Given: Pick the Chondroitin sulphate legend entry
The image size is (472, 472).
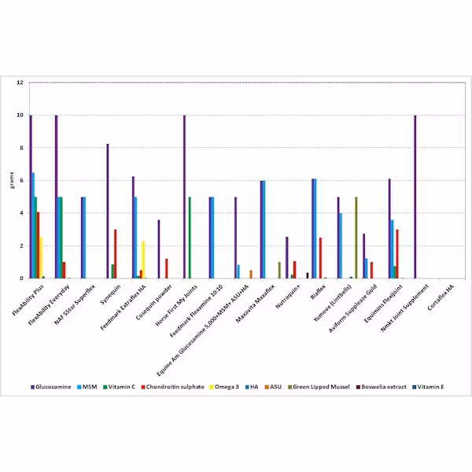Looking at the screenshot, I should tap(178, 387).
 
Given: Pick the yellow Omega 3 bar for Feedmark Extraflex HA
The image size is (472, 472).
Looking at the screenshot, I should tap(143, 260).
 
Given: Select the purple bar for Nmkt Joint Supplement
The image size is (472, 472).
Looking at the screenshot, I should tap(415, 197).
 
